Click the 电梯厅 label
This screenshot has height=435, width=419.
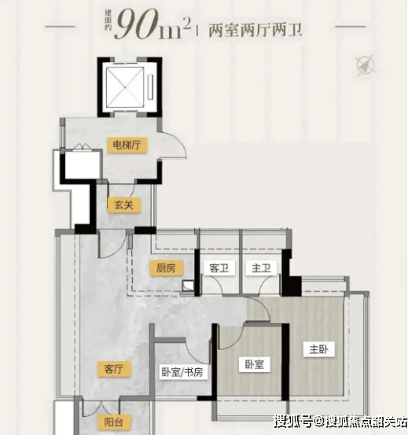pyautogui.click(x=127, y=145)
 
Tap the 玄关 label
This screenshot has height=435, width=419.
pyautogui.click(x=124, y=205)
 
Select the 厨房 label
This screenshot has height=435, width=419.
pyautogui.click(x=166, y=268)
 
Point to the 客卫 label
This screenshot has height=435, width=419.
pyautogui.click(x=219, y=268)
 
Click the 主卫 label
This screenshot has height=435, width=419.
pyautogui.click(x=261, y=268)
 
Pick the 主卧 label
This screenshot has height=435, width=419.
pyautogui.click(x=319, y=349)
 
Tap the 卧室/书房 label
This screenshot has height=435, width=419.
pyautogui.click(x=182, y=372)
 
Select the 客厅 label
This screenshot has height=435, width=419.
pyautogui.click(x=114, y=369)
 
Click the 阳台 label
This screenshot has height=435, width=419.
pyautogui.click(x=114, y=422)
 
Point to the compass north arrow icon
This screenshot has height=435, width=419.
pyautogui.click(x=366, y=65)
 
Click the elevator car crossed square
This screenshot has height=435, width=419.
pyautogui.click(x=125, y=87)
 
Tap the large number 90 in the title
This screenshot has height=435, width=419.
pyautogui.click(x=137, y=24)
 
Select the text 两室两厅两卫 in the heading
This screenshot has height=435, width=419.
pyautogui.click(x=255, y=31)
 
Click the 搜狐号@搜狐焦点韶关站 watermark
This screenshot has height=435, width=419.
pyautogui.click(x=340, y=422)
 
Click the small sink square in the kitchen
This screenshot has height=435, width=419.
pyautogui.click(x=187, y=286)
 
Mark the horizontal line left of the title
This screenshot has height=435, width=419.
pyautogui.click(x=61, y=27)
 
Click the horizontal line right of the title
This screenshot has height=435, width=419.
pyautogui.click(x=351, y=27)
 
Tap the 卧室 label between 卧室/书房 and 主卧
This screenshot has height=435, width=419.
pyautogui.click(x=255, y=364)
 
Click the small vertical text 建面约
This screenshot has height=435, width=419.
pyautogui.click(x=108, y=20)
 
